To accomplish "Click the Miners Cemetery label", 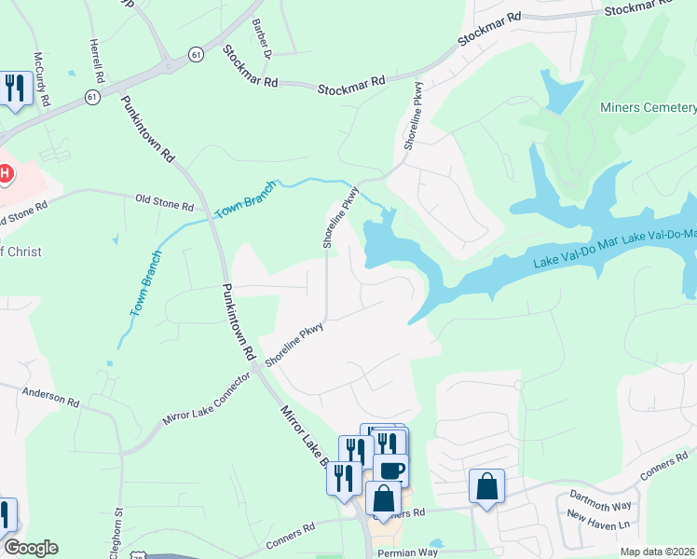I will (649, 108).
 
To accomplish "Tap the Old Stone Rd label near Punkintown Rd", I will (164, 201).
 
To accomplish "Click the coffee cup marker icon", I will (391, 470).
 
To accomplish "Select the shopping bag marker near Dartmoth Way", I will (486, 486).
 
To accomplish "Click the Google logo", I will (31, 548).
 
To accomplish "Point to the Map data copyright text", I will (657, 552).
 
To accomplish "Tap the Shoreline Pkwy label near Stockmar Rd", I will (412, 119).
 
